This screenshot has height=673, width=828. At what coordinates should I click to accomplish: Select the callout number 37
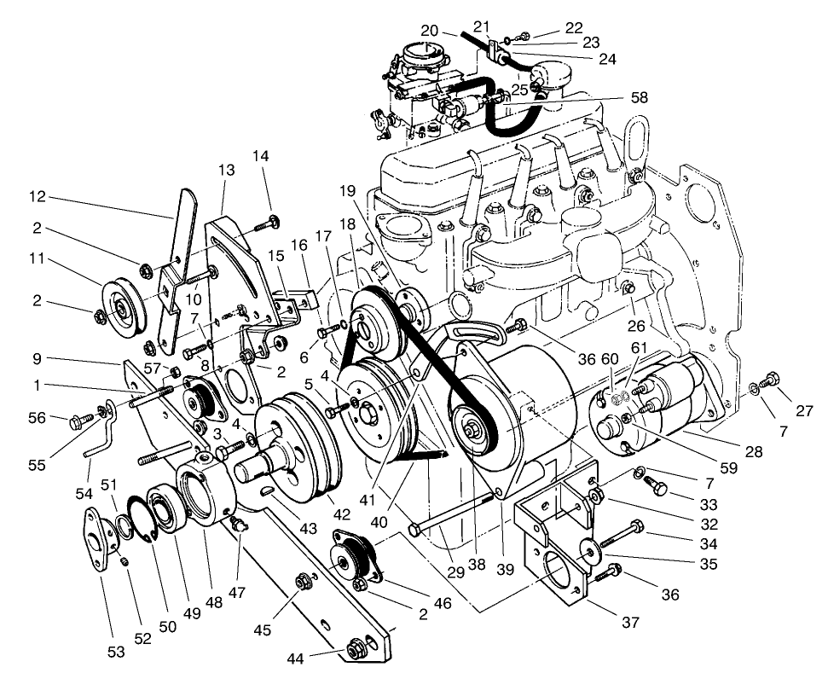pos(630,623)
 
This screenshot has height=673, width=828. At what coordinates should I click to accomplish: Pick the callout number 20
pos(429,30)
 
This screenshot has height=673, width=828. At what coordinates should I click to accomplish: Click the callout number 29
pos(455,572)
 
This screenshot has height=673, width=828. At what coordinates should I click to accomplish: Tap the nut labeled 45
pos(303,583)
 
